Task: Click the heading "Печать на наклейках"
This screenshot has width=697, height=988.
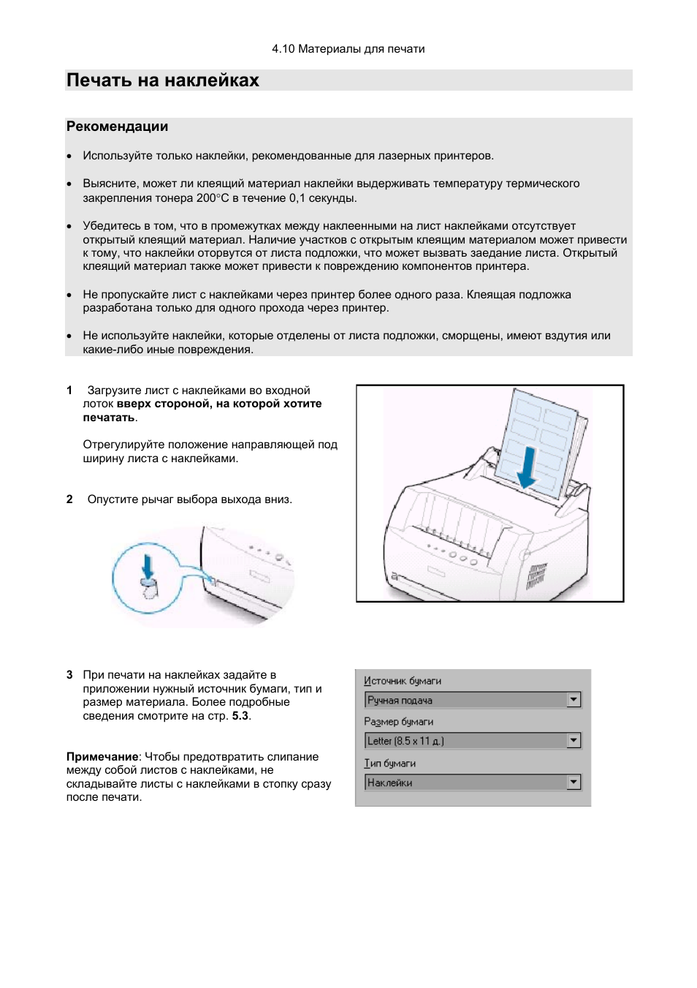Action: pyautogui.click(x=162, y=80)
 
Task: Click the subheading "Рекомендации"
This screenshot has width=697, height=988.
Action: pyautogui.click(x=117, y=127)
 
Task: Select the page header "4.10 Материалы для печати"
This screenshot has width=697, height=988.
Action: pyautogui.click(x=348, y=49)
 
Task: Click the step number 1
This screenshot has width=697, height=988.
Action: pyautogui.click(x=69, y=391)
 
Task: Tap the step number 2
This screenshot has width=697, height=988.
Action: pyautogui.click(x=69, y=499)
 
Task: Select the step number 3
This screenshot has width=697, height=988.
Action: pyautogui.click(x=69, y=675)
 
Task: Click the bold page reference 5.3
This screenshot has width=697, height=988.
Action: pyautogui.click(x=240, y=716)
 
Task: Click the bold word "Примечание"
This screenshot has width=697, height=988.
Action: pyautogui.click(x=102, y=757)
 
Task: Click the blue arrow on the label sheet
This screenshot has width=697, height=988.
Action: pyautogui.click(x=527, y=467)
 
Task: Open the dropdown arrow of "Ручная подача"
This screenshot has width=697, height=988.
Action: pyautogui.click(x=574, y=700)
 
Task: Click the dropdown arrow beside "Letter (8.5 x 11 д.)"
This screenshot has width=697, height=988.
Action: pyautogui.click(x=574, y=741)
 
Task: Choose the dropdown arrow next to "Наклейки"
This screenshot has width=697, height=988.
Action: pyautogui.click(x=574, y=783)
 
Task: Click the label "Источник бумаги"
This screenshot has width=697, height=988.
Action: pyautogui.click(x=403, y=681)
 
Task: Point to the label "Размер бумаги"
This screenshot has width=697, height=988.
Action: pyautogui.click(x=399, y=722)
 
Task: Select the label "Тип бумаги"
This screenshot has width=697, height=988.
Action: pyautogui.click(x=390, y=763)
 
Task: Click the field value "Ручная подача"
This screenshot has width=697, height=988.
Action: pyautogui.click(x=400, y=701)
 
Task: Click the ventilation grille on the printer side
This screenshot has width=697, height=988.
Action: pyautogui.click(x=537, y=576)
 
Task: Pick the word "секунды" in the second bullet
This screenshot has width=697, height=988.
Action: pyautogui.click(x=332, y=198)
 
